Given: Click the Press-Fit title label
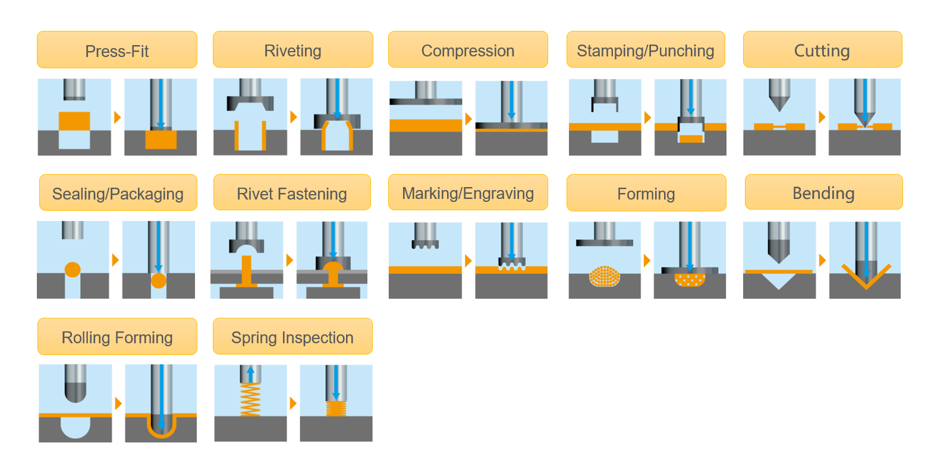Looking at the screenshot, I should [x=117, y=50].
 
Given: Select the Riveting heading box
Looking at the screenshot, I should [x=292, y=50].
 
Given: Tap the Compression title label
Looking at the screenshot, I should [x=468, y=50].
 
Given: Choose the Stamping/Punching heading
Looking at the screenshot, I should [x=646, y=50].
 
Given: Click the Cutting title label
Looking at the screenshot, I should [x=822, y=50].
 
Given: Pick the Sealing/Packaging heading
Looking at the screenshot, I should [x=118, y=194].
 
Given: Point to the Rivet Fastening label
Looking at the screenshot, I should [x=292, y=194].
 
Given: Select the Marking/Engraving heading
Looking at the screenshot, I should [x=468, y=193].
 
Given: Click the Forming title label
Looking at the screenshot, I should [x=646, y=194].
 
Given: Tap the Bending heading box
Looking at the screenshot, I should [x=823, y=193].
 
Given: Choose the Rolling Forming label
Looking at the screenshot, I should [x=117, y=337].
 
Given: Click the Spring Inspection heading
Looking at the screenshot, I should [x=292, y=337].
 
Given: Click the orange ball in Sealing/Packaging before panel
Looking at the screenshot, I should [x=73, y=269].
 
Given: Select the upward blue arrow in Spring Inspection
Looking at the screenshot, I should [x=250, y=374].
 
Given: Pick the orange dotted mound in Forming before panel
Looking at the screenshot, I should [x=605, y=276].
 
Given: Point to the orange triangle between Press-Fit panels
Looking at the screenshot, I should [x=117, y=117].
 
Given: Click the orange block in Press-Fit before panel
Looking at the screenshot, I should [x=74, y=121].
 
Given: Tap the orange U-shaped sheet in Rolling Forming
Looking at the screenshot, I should [x=161, y=432].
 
